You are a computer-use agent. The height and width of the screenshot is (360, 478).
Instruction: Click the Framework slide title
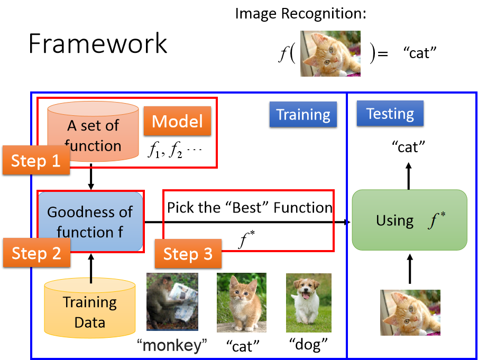98,43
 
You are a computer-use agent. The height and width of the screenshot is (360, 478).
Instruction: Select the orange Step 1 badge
36,160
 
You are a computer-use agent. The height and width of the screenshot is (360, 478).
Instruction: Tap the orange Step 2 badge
36,253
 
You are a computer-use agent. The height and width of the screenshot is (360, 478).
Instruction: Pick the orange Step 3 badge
188,254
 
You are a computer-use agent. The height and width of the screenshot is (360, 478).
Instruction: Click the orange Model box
178,121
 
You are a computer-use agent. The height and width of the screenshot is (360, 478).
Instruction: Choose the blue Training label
303,114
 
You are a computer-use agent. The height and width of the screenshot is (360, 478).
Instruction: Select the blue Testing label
390,114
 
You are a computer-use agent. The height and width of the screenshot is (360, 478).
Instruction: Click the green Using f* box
409,220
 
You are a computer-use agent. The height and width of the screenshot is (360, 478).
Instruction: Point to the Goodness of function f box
90,221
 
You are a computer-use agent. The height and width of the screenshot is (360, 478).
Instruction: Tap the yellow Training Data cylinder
90,308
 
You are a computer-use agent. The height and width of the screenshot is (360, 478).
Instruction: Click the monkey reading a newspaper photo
172,301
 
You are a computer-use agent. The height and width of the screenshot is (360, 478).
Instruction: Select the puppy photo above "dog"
308,303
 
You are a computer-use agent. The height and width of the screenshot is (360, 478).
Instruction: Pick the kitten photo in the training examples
242,302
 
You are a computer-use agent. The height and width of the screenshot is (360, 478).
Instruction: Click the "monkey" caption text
172,345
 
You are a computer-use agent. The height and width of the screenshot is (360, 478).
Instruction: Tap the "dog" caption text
308,345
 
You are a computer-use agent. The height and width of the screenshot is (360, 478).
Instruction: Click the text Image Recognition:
300,14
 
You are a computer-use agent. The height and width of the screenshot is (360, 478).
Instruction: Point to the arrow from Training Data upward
91,269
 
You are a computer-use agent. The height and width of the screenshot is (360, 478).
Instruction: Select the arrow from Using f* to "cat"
409,176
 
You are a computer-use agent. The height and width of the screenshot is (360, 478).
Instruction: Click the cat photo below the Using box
410,312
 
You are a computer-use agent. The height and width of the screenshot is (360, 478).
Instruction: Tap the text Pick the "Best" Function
250,208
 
